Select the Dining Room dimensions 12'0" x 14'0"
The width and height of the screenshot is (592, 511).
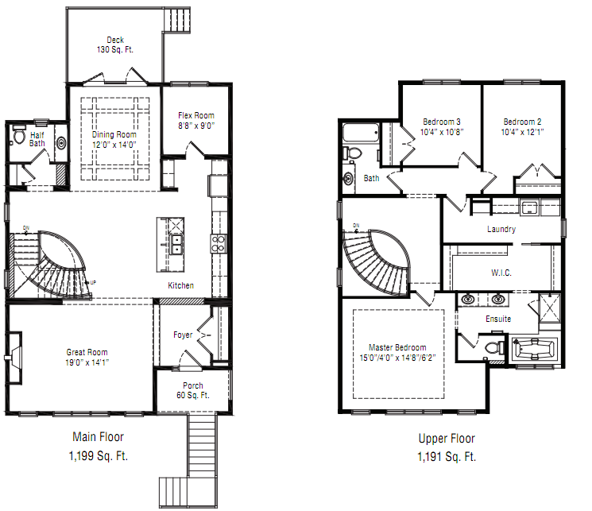pos(114,145)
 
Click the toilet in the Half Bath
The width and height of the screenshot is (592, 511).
pos(20,136)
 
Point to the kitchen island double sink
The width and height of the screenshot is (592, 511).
pos(176,243)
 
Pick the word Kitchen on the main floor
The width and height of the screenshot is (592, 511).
pos(180,286)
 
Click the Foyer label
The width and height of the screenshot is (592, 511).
pos(183,335)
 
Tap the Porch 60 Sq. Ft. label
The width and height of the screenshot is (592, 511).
pos(192,390)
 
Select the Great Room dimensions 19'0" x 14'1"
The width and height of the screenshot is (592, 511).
pos(87,362)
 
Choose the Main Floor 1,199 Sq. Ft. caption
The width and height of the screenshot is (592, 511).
pos(99,446)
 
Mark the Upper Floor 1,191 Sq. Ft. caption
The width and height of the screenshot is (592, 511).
pos(447,447)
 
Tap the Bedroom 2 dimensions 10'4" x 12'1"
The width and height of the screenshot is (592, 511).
pos(522,132)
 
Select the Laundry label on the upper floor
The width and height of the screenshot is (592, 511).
pos(501,229)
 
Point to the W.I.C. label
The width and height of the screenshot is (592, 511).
pos(501,273)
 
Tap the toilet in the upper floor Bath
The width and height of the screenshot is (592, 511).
pos(354,152)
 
